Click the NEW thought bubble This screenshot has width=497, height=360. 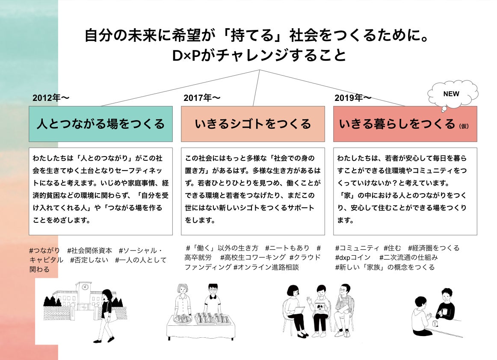click(x=453, y=94)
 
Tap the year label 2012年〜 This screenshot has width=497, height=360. click(x=51, y=97)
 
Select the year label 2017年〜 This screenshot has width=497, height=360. click(x=202, y=97)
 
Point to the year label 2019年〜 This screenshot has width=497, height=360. click(x=353, y=97)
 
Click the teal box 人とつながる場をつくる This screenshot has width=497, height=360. click(x=101, y=124)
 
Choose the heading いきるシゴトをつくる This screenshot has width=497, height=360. click(x=253, y=124)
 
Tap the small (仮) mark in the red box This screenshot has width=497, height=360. click(x=464, y=126)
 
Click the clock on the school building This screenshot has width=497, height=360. click(x=85, y=287)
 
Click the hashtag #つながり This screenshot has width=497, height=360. click(x=44, y=251)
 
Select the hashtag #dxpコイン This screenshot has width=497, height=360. click(x=353, y=258)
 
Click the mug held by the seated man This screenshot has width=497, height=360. click(x=443, y=311)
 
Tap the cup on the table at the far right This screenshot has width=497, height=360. click(x=435, y=324)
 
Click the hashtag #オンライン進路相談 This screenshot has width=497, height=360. click(x=266, y=267)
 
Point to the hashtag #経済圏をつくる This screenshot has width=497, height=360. click(x=434, y=248)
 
